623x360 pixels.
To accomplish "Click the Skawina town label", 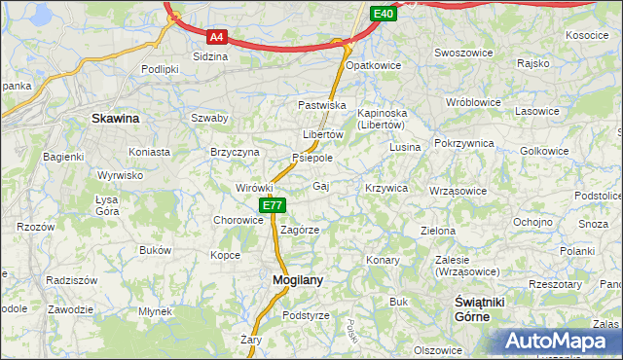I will (115, 119).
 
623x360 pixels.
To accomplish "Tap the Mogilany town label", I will (291, 279).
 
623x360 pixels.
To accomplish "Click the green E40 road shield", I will (384, 13).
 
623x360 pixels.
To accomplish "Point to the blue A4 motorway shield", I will (217, 38).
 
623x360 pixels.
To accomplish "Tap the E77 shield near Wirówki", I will (273, 205).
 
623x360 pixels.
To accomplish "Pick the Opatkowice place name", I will (374, 63).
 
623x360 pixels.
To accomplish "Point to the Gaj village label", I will (320, 185).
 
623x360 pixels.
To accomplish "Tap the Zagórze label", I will (300, 230).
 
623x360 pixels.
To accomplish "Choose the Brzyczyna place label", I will (235, 152).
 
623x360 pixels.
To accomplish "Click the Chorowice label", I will (238, 220).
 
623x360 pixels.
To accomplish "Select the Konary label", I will (382, 260).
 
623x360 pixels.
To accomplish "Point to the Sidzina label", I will (210, 56).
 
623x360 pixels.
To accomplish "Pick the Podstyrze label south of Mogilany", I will (306, 315).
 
